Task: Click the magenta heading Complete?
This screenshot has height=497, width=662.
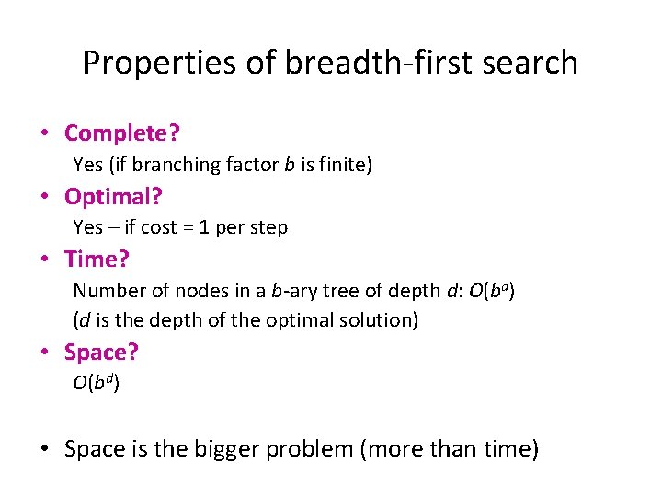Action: (x=121, y=133)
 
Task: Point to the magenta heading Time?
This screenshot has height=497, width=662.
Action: (x=97, y=260)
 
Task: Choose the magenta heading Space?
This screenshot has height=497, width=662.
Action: (x=101, y=352)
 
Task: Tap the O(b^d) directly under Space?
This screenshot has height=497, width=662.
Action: (x=96, y=383)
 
